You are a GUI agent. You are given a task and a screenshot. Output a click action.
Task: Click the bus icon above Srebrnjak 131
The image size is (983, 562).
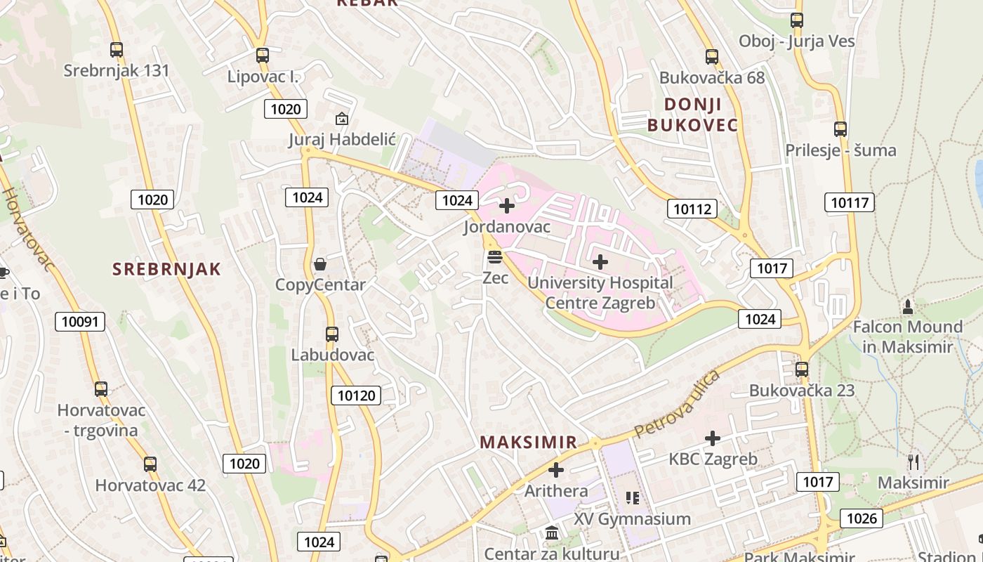coord(117,50)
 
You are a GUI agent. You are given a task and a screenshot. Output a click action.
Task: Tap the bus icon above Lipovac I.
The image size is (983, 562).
coord(263,55)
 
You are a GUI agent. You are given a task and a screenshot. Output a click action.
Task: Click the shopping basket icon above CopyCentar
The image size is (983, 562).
coord(320,264)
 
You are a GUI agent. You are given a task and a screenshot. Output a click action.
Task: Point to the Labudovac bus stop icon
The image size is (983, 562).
coord(332,334)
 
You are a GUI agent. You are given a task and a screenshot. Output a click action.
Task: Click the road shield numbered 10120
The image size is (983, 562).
coord(356,396)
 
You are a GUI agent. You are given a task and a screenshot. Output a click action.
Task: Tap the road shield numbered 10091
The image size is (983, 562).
coord(80,322)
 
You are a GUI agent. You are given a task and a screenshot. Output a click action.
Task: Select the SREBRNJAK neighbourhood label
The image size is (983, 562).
coord(166,269)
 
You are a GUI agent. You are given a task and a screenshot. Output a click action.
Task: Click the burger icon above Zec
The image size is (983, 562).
coord(495,257)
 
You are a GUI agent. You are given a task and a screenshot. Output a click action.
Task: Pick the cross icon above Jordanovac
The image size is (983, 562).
coord(506,206)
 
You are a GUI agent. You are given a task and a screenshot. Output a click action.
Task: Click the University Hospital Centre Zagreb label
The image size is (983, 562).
coord(600,293)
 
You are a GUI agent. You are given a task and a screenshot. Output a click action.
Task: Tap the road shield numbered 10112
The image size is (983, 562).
coord(692,208)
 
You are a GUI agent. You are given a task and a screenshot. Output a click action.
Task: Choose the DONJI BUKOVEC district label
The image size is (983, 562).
coord(692,115)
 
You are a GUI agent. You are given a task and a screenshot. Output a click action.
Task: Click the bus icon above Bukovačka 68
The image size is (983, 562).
coord(712,57)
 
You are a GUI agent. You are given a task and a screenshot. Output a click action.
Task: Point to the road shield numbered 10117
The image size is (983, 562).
coord(850,203)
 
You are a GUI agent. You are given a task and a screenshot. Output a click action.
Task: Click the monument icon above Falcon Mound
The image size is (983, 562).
coord(908,307)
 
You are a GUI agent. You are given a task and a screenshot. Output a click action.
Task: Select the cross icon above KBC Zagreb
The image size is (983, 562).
coord(713,438)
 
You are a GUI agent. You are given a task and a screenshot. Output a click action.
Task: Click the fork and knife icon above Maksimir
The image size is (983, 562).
coord(913,462)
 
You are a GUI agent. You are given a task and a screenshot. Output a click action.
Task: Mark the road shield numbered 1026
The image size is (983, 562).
coord(862,518)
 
